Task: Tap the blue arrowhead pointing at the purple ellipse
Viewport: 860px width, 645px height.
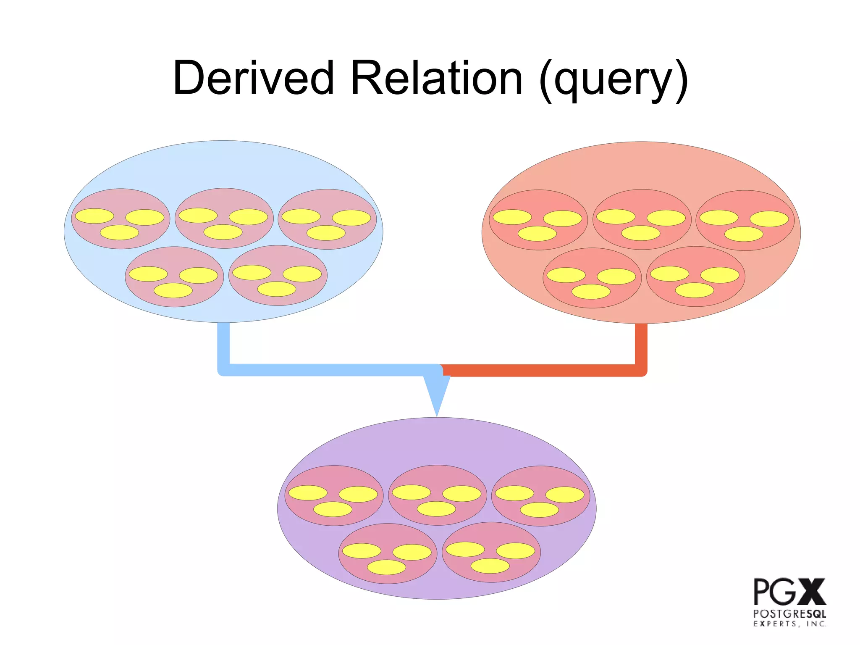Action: point(437,393)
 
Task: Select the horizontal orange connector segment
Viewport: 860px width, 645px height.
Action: point(542,370)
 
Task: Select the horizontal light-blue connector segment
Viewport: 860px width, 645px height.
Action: point(328,370)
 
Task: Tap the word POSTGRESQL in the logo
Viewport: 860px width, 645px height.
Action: point(789,614)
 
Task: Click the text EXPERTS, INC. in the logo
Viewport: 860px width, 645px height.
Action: point(789,624)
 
